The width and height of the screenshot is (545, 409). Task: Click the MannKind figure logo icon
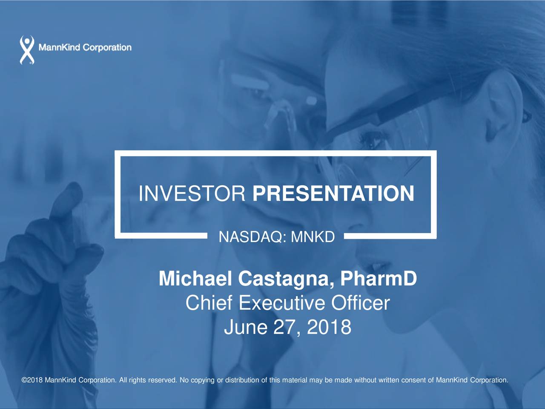pos(27,50)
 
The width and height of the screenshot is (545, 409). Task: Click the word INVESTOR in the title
pos(192,193)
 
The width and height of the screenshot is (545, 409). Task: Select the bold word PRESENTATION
pos(333,193)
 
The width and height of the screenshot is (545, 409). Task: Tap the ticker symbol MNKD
pos(313,237)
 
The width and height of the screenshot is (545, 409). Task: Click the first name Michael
pos(195,278)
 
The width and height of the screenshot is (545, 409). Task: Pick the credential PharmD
pos(379,278)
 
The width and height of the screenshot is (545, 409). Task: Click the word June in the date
pos(246,327)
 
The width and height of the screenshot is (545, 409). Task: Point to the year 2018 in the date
pos(329,327)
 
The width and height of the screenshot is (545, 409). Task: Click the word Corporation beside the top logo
pos(107,48)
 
